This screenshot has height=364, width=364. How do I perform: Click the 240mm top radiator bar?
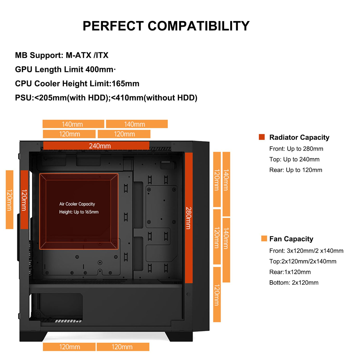coord(96,145)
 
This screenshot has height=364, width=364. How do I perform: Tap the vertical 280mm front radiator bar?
coord(189,218)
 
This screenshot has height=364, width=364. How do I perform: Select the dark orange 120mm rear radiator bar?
coord(24,200)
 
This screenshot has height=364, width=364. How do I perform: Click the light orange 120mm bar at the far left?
coord(9,200)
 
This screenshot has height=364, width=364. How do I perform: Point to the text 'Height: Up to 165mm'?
coord(79,212)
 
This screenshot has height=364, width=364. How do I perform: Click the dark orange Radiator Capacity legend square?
coord(262,137)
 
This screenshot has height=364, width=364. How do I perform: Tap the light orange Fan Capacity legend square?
coord(264,238)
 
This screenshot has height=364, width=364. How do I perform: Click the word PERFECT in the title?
coord(113,26)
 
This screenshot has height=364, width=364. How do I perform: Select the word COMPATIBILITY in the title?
coord(199,26)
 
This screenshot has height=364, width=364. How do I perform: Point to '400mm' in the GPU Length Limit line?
coord(99,69)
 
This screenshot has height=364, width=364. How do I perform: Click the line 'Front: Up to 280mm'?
coord(296,149)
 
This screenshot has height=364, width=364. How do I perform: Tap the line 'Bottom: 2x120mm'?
coord(294,282)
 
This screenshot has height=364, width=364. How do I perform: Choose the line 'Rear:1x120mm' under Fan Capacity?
coord(290,272)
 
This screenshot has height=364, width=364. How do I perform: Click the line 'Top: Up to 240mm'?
coord(294,159)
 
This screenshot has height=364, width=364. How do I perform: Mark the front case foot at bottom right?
coord(179,336)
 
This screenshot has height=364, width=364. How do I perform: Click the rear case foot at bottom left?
coord(32,336)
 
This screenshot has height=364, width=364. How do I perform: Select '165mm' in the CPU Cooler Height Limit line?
coord(126,83)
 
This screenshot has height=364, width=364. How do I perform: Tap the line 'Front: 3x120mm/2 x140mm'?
coord(306,251)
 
